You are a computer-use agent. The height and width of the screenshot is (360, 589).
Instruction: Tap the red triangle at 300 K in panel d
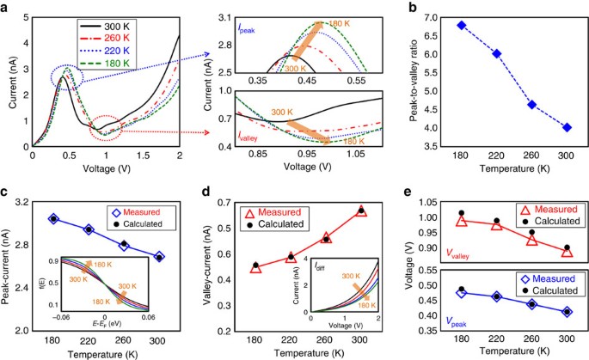point(361,211)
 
